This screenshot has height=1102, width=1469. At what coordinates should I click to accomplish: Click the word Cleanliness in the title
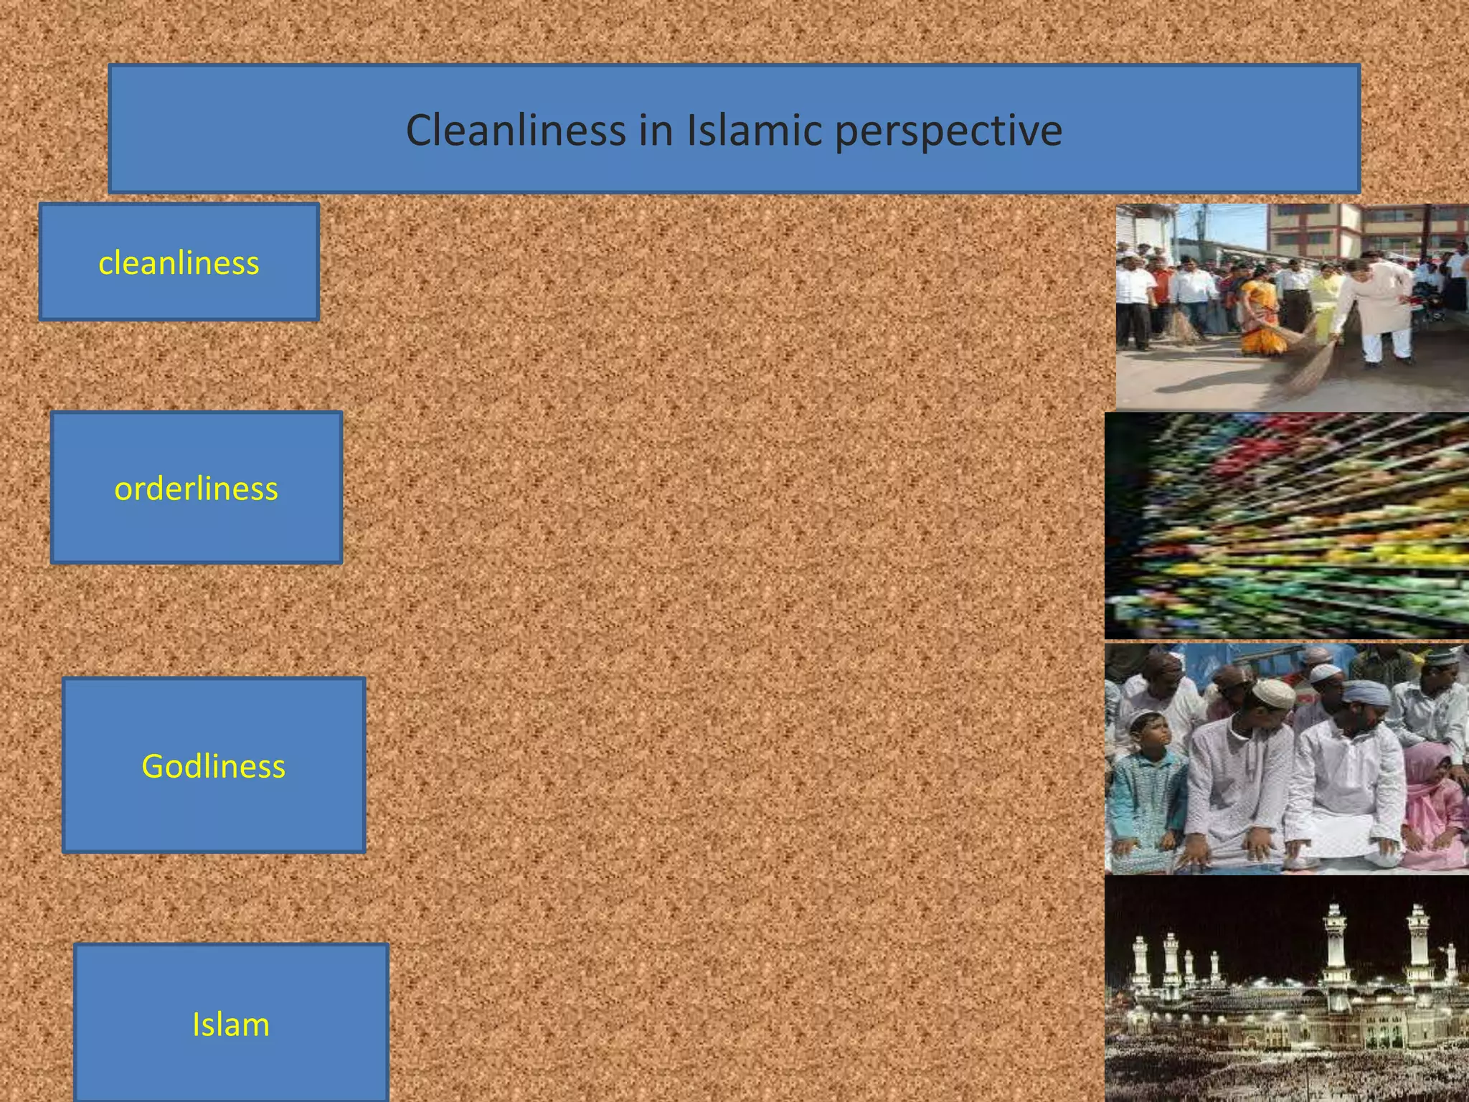point(516,131)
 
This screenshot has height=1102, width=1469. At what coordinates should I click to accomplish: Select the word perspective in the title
point(948,132)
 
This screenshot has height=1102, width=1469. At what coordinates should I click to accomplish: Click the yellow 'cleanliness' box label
point(179,263)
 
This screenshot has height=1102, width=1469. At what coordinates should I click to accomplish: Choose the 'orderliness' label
point(196,489)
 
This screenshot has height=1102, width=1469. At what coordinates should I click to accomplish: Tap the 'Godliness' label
point(213,766)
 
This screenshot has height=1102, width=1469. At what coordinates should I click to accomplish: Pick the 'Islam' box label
point(231,1025)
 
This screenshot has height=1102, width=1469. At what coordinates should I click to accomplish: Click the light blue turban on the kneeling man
point(1366,692)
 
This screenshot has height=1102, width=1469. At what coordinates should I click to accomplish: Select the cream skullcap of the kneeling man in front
point(1274,692)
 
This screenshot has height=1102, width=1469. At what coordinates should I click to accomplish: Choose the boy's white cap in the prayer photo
point(1145,717)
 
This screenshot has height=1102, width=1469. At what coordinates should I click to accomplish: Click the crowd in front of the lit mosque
point(1284,1069)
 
